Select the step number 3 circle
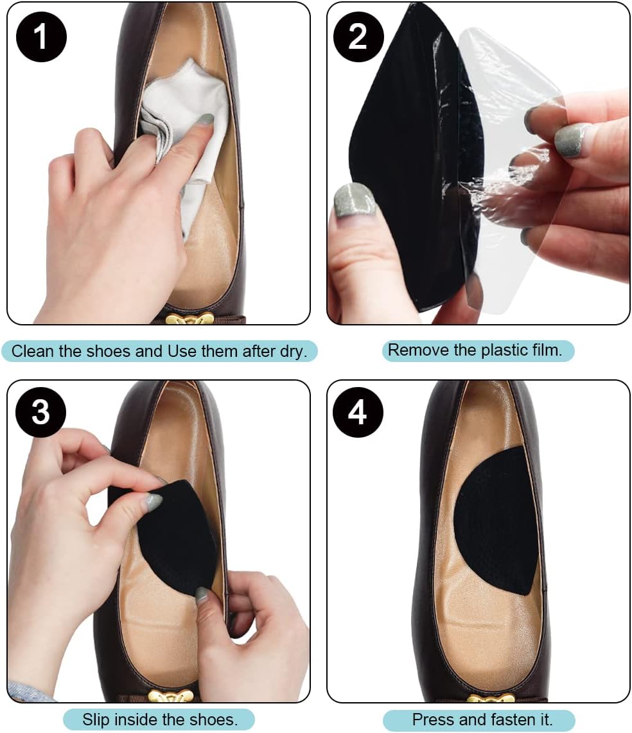[40, 411]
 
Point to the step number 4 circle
[357, 411]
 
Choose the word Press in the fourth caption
[428, 720]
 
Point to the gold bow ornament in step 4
[486, 698]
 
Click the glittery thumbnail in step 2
[353, 200]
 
